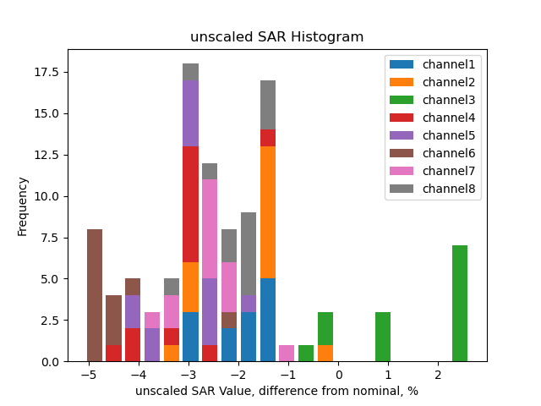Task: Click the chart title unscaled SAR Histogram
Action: [x=276, y=37]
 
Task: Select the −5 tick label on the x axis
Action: [x=88, y=374]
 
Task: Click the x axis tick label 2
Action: [x=438, y=374]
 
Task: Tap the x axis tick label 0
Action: [x=338, y=374]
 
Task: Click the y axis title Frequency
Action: [x=23, y=206]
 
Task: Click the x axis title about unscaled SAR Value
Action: [x=276, y=391]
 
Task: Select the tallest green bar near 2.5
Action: [x=460, y=304]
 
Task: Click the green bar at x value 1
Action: [x=383, y=337]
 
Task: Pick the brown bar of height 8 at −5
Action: [x=95, y=295]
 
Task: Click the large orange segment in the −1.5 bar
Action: [x=268, y=212]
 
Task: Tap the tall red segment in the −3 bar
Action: [x=191, y=204]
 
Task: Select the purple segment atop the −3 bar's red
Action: [x=191, y=113]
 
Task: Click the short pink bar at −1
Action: [x=287, y=354]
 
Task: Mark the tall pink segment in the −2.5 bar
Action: [x=210, y=228]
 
